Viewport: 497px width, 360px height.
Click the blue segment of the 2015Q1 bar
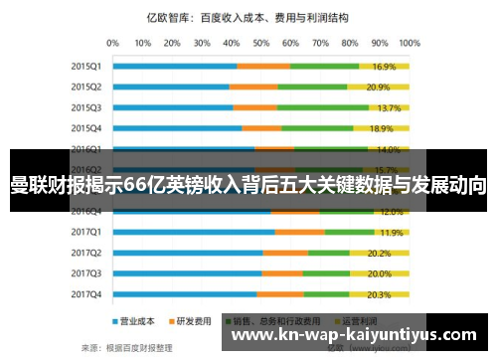pyautogui.click(x=175, y=67)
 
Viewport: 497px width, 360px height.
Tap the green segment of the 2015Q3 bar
pyautogui.click(x=313, y=107)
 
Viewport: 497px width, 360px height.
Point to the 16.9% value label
pyautogui.click(x=385, y=67)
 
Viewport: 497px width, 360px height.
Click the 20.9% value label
pyautogui.click(x=378, y=87)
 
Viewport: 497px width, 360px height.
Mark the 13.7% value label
pyautogui.click(x=390, y=107)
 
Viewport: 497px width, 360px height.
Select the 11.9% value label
pyautogui.click(x=391, y=232)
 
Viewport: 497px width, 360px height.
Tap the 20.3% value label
pyautogui.click(x=379, y=294)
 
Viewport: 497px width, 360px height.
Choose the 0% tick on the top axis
pyautogui.click(x=112, y=43)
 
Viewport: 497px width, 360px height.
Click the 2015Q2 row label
pyautogui.click(x=86, y=87)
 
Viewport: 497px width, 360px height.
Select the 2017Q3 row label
pyautogui.click(x=86, y=273)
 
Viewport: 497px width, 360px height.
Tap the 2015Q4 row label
pyautogui.click(x=86, y=128)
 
